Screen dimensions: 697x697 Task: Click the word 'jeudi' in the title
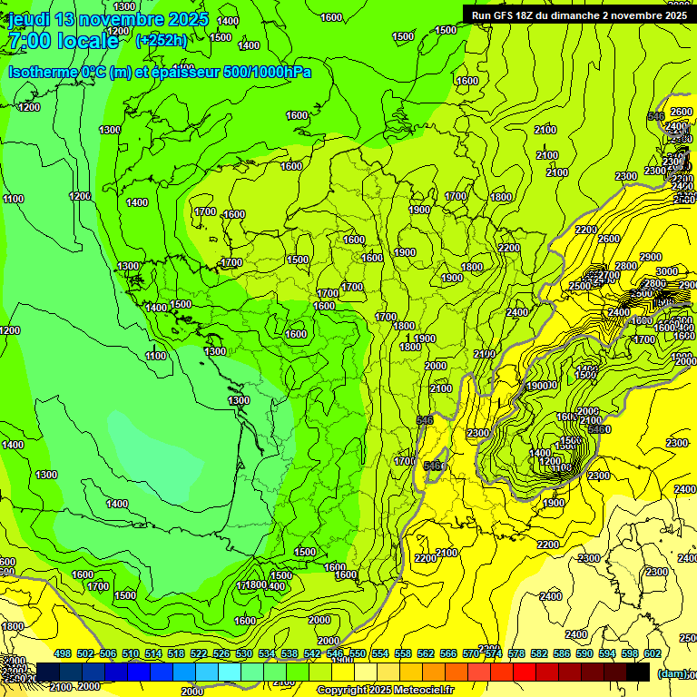(28, 19)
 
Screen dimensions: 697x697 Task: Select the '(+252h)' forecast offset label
(161, 40)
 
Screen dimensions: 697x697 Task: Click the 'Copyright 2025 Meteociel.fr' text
(385, 691)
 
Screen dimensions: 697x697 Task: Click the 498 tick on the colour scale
(63, 653)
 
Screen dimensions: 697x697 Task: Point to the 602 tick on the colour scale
(653, 653)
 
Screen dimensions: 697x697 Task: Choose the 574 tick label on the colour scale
(494, 653)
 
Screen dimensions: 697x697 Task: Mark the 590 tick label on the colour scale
(584, 653)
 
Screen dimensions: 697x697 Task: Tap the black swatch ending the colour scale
(638, 672)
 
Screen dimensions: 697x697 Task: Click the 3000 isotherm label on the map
(666, 271)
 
